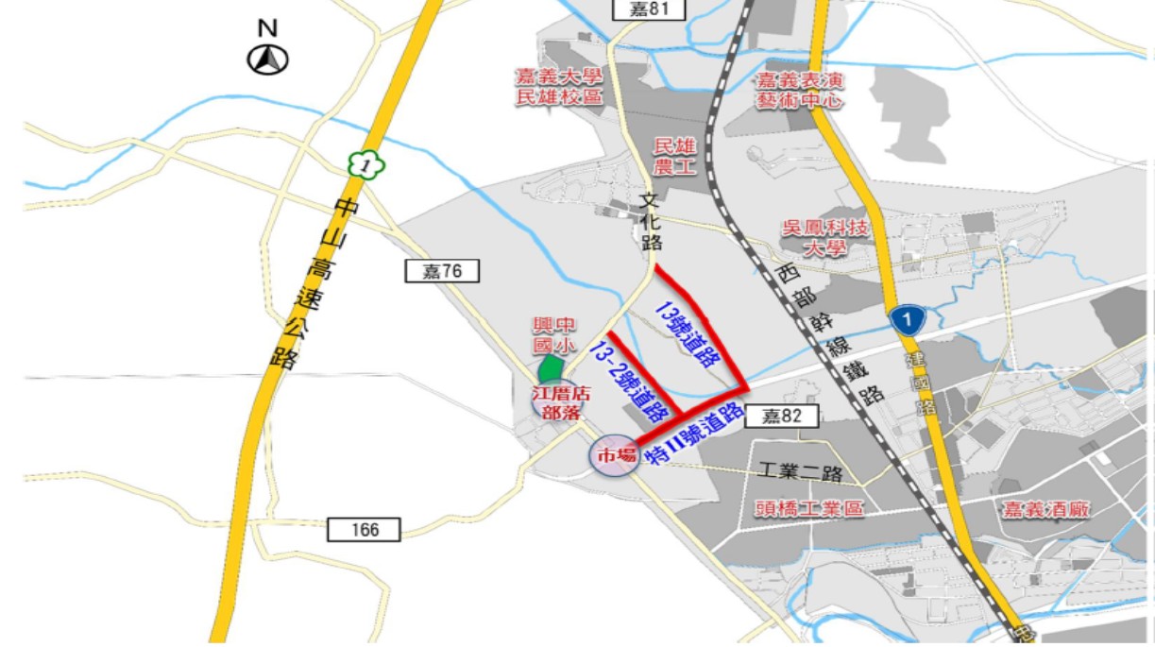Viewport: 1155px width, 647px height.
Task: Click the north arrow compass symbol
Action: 268,60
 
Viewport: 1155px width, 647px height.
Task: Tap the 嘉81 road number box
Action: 647,9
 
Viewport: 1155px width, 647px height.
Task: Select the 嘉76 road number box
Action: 442,272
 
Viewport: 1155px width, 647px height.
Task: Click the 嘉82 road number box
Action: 780,416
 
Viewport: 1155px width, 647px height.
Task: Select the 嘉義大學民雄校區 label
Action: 558,86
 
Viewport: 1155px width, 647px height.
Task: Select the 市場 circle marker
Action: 615,456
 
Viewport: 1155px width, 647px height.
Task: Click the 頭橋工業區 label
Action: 809,509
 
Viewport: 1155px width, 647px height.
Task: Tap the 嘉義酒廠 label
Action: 1046,510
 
